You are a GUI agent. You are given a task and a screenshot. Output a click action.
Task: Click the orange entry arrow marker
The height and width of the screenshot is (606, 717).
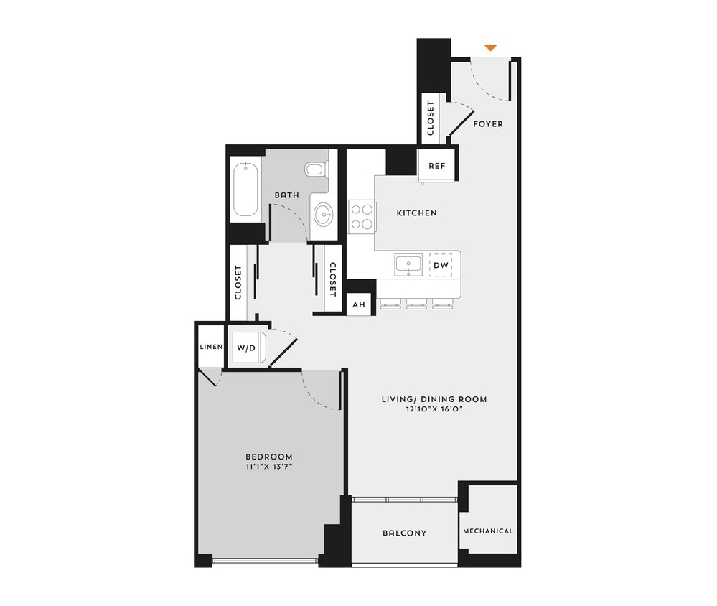pyautogui.click(x=490, y=48)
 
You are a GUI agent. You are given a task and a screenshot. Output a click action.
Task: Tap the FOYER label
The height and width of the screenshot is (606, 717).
pyautogui.click(x=488, y=124)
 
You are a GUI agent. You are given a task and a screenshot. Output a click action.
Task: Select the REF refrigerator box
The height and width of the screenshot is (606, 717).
pyautogui.click(x=437, y=166)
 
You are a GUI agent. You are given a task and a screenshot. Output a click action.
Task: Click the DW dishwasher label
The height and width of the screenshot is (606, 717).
pyautogui.click(x=441, y=265)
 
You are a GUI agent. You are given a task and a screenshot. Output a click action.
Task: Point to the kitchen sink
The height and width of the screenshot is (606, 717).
pyautogui.click(x=408, y=265)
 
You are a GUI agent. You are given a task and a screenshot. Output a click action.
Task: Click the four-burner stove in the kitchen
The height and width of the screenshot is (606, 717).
pyautogui.click(x=362, y=216)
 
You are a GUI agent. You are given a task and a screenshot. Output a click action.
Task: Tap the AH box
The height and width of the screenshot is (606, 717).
pyautogui.click(x=358, y=304)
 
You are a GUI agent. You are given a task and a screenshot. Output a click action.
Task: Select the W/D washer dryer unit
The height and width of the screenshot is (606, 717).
pyautogui.click(x=247, y=348)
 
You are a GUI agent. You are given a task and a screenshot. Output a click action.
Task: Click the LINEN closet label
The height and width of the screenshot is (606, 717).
pyautogui.click(x=210, y=348)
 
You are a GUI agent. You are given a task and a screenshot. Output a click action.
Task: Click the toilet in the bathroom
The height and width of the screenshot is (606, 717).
pyautogui.click(x=316, y=169)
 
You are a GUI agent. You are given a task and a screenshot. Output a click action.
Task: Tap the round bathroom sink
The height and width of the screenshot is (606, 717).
pyautogui.click(x=324, y=214)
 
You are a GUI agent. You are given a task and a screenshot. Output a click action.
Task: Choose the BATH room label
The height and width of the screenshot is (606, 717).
pyautogui.click(x=286, y=195)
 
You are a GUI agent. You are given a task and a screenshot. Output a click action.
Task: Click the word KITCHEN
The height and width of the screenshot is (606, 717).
pyautogui.click(x=417, y=213)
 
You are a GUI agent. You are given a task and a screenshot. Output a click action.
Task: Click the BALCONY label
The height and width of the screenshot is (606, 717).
pyautogui.click(x=404, y=533)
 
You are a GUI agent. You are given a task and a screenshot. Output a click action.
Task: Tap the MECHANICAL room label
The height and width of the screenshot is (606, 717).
pyautogui.click(x=488, y=531)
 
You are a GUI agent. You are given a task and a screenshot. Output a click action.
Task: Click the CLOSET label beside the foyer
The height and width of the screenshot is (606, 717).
pyautogui.click(x=431, y=118)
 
